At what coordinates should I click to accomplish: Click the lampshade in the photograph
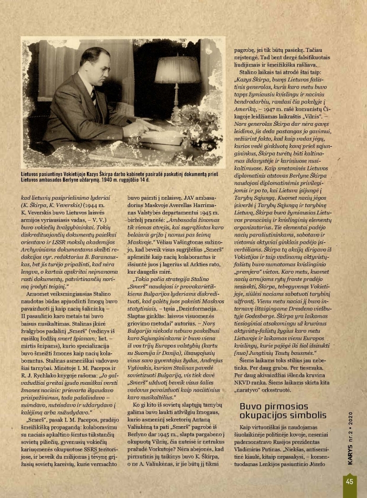pyautogui.click(x=177, y=70)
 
